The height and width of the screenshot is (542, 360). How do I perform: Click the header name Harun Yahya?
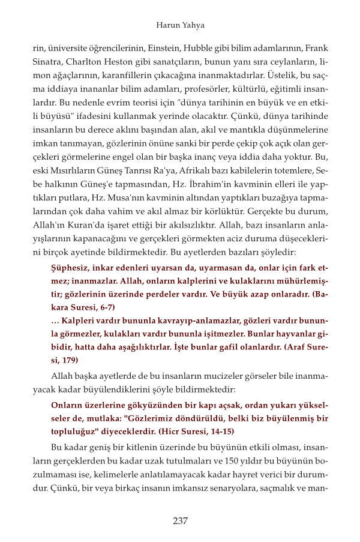pyautogui.click(x=180, y=25)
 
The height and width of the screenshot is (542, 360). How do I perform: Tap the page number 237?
pyautogui.click(x=180, y=521)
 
